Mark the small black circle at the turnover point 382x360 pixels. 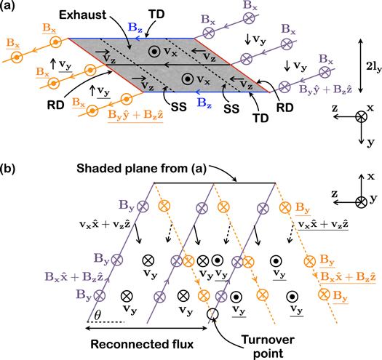pyautogui.click(x=212, y=315)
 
